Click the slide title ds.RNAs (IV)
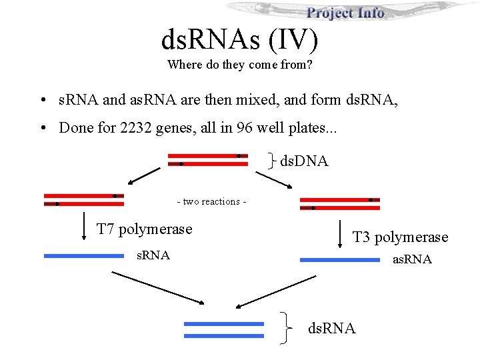click(239, 41)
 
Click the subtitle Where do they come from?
click(240, 65)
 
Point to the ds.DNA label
click(304, 161)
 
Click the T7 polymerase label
click(144, 229)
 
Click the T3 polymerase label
click(400, 237)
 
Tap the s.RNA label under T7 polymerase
click(153, 255)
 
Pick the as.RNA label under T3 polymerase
click(411, 259)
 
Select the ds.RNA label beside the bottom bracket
click(331, 328)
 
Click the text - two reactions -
click(211, 201)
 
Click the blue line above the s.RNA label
click(83, 255)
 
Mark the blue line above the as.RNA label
click(340, 260)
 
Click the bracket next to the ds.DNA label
click(272, 159)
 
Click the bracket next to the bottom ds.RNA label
click(286, 329)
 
